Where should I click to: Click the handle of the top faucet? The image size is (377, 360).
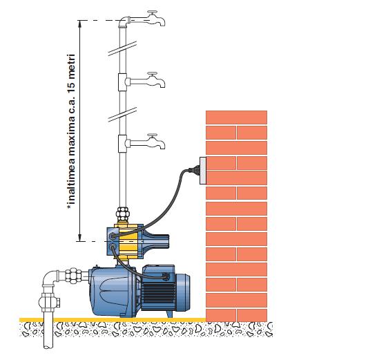point(153,12)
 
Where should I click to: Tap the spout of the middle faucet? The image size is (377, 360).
point(162,84)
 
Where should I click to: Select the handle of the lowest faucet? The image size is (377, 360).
point(153,135)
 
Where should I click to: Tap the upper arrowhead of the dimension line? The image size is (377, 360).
point(80,23)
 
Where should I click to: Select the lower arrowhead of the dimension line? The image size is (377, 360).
point(80,238)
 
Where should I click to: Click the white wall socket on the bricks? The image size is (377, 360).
point(203,171)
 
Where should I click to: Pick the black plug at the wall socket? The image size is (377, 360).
point(194,169)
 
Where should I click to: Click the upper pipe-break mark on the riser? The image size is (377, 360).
point(122,48)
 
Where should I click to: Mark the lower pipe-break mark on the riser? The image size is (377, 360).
point(122,115)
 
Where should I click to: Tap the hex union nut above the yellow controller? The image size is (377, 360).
point(122,214)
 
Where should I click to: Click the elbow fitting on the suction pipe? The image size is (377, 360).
point(50,277)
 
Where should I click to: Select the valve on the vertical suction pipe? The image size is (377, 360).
point(49,302)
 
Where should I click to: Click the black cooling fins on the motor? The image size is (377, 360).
point(158,293)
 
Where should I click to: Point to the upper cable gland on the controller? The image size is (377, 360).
point(113,236)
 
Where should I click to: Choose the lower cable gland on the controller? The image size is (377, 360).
point(113,247)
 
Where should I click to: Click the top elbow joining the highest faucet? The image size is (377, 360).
point(124,21)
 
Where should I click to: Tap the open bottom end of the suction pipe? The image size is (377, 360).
point(48,346)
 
